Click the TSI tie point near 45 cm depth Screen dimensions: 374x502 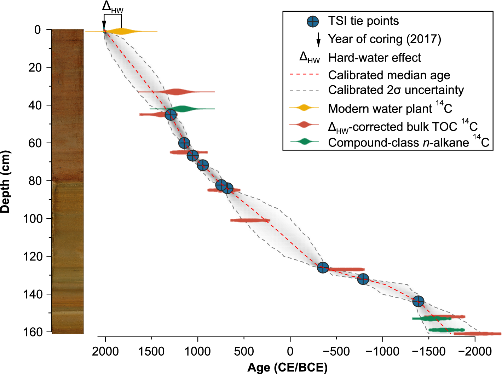click(x=171, y=115)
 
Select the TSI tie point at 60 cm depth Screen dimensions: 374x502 click(x=184, y=143)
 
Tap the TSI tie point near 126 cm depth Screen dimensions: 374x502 click(x=323, y=267)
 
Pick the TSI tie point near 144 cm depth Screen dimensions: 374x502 click(x=418, y=301)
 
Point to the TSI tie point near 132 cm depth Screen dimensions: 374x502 click(x=363, y=279)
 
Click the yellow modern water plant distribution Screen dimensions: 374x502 click(x=121, y=31)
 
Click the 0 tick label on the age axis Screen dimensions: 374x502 click(x=290, y=352)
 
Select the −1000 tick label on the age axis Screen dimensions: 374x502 click(x=382, y=352)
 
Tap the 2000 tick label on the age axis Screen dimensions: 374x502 click(x=105, y=352)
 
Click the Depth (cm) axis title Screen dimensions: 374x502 click(x=6, y=182)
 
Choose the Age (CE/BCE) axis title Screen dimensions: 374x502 click(x=287, y=367)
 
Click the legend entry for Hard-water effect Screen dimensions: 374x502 click(x=374, y=57)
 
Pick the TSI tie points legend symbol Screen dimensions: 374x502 click(x=312, y=22)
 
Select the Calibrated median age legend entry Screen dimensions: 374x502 click(x=389, y=75)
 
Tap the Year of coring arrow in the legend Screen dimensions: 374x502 click(x=318, y=39)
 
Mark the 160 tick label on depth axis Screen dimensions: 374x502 click(x=33, y=332)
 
